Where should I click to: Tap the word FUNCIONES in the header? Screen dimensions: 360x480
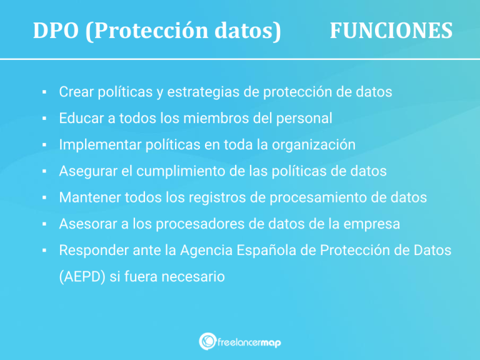(x=391, y=31)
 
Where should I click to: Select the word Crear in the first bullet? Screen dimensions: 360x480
(x=75, y=92)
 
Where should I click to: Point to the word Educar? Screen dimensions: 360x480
(x=79, y=119)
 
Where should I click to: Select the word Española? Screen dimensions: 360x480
(x=273, y=251)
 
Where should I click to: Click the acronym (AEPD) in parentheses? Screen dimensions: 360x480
(x=82, y=277)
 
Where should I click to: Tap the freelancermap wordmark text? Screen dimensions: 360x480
(x=249, y=342)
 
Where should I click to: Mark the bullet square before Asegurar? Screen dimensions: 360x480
(x=46, y=172)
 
